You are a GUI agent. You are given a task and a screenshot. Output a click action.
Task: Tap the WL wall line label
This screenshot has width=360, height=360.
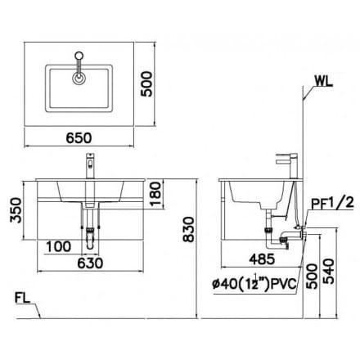click(323, 82)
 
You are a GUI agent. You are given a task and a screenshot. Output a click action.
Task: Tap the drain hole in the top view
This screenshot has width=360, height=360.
click(79, 79)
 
